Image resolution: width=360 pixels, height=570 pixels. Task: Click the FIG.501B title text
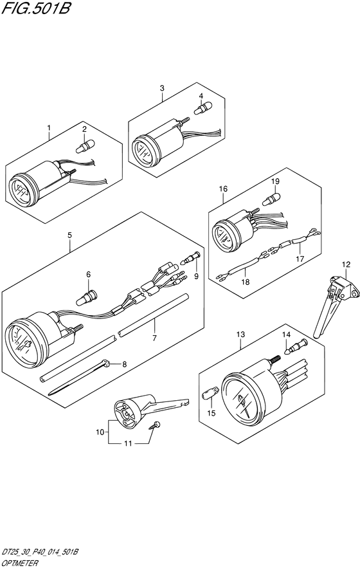35,8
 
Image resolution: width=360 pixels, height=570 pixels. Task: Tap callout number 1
49,128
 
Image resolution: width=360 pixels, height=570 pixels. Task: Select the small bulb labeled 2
85,146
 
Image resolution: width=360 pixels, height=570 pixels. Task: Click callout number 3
162,88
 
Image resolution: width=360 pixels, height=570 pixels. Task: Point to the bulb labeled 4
203,108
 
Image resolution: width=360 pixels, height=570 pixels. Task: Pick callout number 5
69,235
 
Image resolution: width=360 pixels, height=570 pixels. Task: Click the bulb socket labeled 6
86,297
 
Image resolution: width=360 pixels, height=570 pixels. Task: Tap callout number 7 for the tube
154,338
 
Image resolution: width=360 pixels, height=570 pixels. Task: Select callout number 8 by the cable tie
124,363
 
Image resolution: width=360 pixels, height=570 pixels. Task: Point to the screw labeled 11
155,425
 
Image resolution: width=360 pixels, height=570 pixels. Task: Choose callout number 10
100,432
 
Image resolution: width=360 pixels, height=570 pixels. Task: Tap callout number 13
240,334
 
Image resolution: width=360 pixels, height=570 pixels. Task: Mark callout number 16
223,188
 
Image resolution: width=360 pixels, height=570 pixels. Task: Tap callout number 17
300,259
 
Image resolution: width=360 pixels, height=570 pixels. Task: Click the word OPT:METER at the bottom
19,564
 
